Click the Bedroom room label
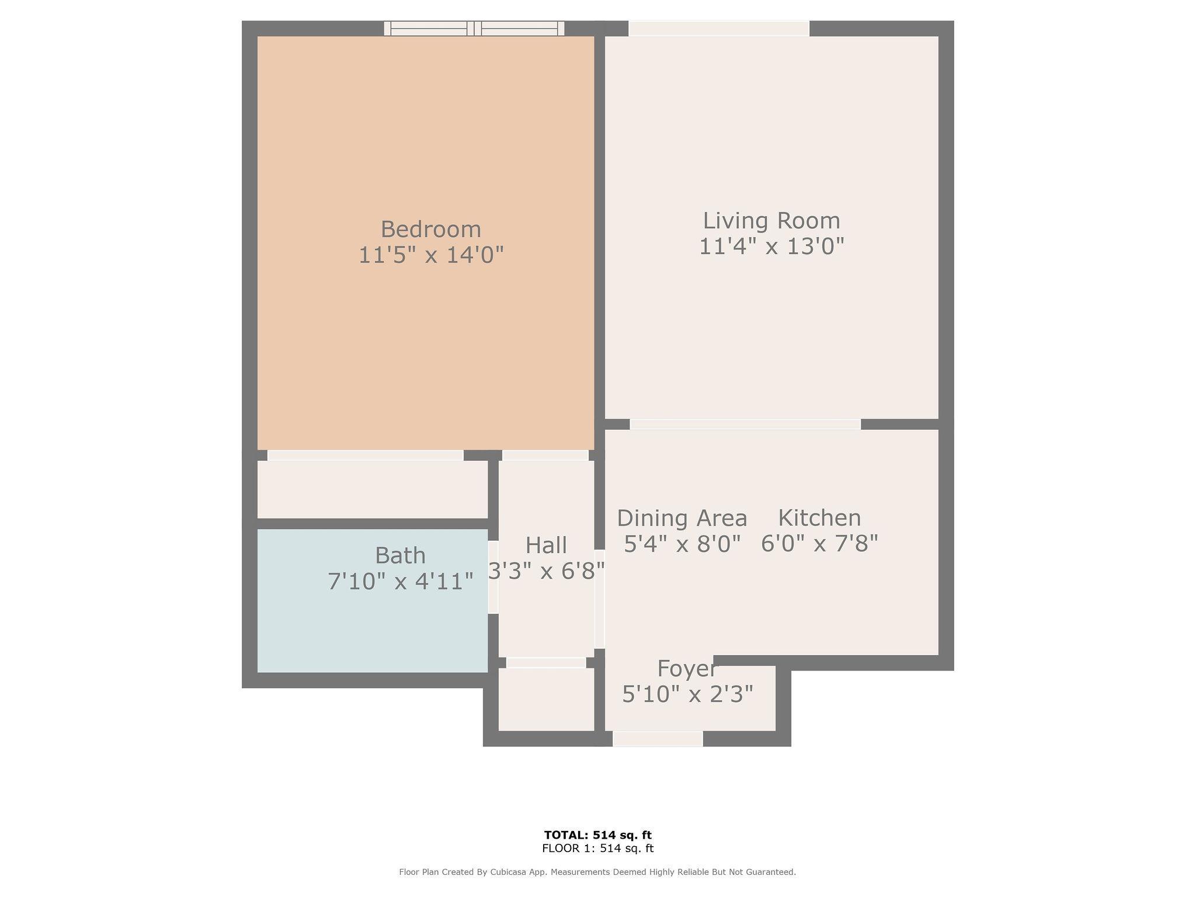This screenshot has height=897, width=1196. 431,229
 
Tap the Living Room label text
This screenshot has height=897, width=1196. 771,221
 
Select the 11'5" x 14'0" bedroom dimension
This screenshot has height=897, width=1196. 431,255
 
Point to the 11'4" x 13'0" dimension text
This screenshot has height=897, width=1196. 771,246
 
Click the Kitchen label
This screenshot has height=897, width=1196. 819,518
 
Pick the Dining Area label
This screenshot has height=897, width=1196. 682,518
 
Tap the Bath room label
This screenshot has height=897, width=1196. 400,555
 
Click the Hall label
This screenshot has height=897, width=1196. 546,545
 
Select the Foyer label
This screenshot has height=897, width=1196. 687,669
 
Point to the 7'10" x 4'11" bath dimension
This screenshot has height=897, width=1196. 400,582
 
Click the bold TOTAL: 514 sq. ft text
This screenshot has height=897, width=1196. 597,835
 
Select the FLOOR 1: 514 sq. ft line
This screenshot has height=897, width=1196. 597,849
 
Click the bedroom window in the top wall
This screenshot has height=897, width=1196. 474,29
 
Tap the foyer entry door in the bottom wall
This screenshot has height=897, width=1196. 658,739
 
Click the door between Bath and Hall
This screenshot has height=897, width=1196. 493,577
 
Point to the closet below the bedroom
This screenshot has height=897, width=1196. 373,489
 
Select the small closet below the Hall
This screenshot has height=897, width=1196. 546,699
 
